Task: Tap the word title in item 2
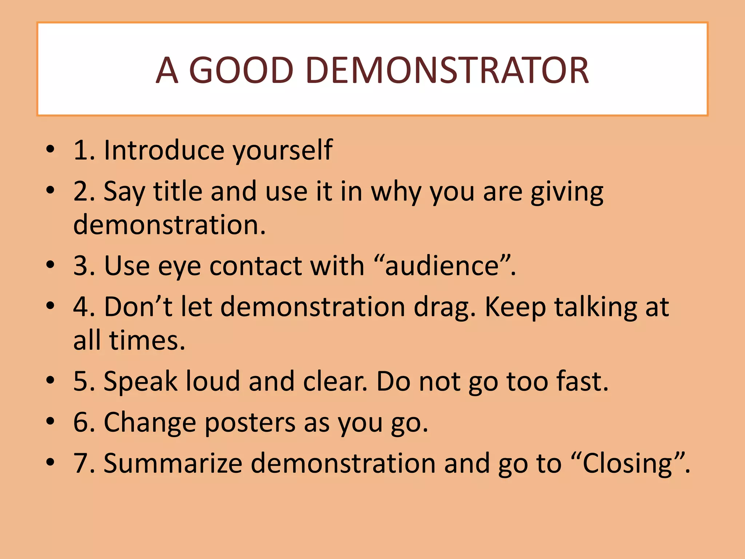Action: [178, 191]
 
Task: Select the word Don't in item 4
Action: [138, 306]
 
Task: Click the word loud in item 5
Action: [213, 381]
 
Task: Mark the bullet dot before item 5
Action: [51, 380]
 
